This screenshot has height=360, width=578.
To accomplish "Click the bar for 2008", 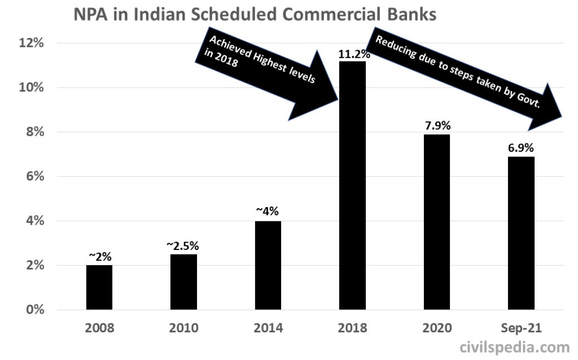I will pos(99,287).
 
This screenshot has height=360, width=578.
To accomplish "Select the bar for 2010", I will pos(183,282).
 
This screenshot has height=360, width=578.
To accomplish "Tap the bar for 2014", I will pos(268,265).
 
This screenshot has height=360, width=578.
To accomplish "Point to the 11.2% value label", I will pos(354,55).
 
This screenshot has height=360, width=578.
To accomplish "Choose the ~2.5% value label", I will pos(183,246).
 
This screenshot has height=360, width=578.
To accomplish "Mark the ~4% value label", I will pos(268,212).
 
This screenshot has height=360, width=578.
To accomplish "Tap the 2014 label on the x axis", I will pos(268,328).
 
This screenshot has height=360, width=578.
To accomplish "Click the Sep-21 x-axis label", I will pos(520,328).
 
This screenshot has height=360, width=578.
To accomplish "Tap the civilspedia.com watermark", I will pos(515,346).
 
